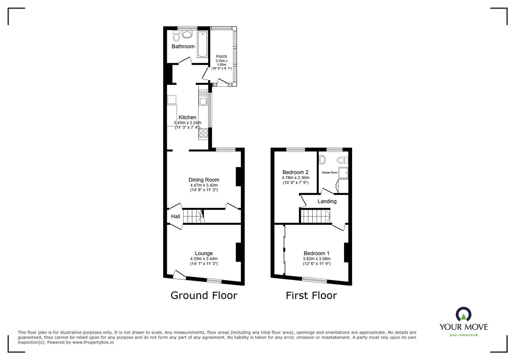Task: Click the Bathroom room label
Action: [183, 46]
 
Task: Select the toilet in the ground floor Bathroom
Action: [176, 36]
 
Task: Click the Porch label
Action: [221, 56]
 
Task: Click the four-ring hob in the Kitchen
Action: [203, 133]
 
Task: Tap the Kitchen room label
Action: [187, 117]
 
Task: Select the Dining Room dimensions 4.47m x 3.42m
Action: [204, 185]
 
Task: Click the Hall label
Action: [175, 217]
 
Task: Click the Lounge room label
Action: [204, 253]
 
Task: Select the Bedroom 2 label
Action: [295, 172]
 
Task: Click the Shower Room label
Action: [330, 172]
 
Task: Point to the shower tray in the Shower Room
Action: [343, 172]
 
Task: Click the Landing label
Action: [327, 201]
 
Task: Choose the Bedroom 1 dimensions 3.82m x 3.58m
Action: [316, 259]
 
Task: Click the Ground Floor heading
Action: [204, 295]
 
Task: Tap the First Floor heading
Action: [311, 295]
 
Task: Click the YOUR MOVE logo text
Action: [464, 327]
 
